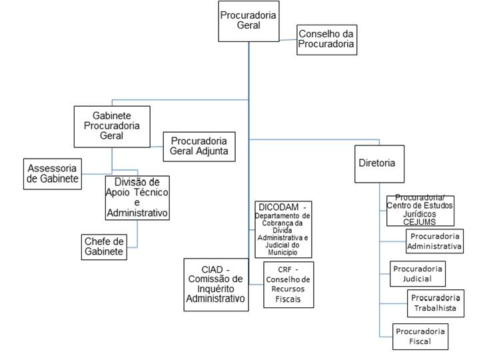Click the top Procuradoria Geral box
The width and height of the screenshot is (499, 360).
[249, 21]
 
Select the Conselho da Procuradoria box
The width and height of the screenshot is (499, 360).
[327, 40]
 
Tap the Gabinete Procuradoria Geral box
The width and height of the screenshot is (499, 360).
[112, 126]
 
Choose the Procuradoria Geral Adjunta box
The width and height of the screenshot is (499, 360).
[199, 147]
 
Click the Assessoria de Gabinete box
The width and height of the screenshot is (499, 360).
[52, 172]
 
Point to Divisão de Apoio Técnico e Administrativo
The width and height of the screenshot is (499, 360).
[137, 197]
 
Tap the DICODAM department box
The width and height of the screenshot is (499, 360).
[283, 228]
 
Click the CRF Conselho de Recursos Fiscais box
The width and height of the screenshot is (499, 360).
[288, 285]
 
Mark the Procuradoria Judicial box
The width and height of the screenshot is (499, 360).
[417, 273]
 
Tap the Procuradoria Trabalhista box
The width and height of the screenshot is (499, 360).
[435, 303]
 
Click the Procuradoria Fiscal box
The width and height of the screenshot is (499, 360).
[420, 336]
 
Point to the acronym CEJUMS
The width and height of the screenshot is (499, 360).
[420, 221]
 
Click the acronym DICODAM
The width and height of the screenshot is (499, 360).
[276, 207]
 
